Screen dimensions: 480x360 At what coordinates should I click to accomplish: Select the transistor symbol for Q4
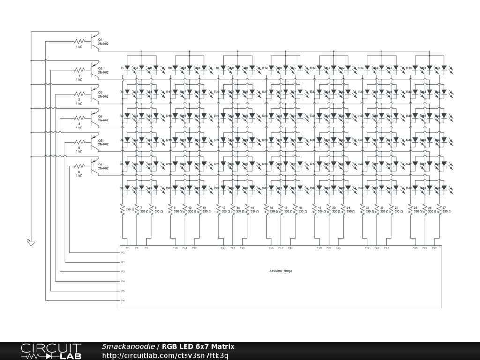point(95,118)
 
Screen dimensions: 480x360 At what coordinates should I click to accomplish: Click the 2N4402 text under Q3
point(103,96)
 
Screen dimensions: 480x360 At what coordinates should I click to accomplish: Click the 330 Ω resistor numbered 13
point(218,210)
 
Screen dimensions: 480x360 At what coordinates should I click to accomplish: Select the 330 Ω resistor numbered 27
point(439,210)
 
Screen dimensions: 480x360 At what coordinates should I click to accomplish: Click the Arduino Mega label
point(280,270)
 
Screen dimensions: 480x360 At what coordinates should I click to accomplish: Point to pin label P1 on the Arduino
point(123,252)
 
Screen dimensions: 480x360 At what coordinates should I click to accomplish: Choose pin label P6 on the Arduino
point(123,300)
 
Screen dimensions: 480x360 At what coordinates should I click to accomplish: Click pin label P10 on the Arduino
point(175,247)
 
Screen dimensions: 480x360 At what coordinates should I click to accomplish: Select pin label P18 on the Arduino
point(290,247)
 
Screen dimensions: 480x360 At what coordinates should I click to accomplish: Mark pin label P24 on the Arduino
point(386,247)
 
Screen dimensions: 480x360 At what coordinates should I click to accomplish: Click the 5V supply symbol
point(30,242)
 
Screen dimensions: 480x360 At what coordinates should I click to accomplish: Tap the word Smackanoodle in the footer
point(128,346)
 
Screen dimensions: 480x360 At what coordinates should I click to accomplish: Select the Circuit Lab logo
point(51,351)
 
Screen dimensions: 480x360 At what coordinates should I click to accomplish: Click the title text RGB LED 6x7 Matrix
point(198,346)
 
